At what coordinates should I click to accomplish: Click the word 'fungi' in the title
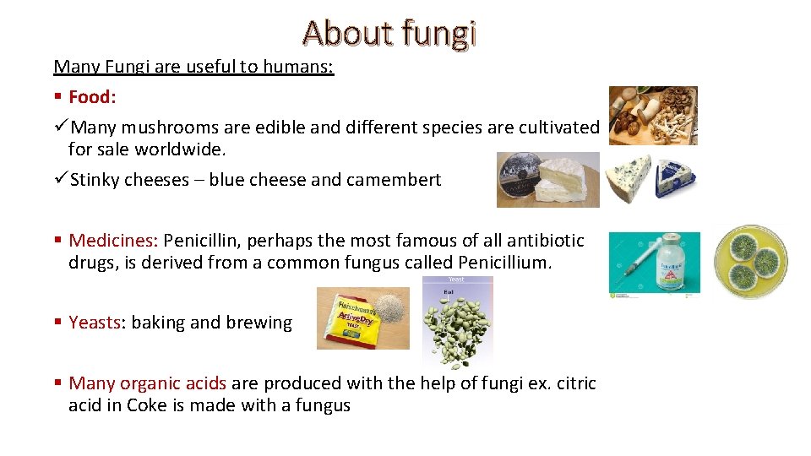[x=439, y=33]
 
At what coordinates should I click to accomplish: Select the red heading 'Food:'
[x=92, y=97]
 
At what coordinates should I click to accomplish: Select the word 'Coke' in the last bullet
[x=147, y=405]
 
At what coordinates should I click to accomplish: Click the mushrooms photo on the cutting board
[x=653, y=115]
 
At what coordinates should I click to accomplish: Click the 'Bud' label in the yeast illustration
[x=449, y=292]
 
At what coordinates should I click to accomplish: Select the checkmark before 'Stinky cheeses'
[x=60, y=179]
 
